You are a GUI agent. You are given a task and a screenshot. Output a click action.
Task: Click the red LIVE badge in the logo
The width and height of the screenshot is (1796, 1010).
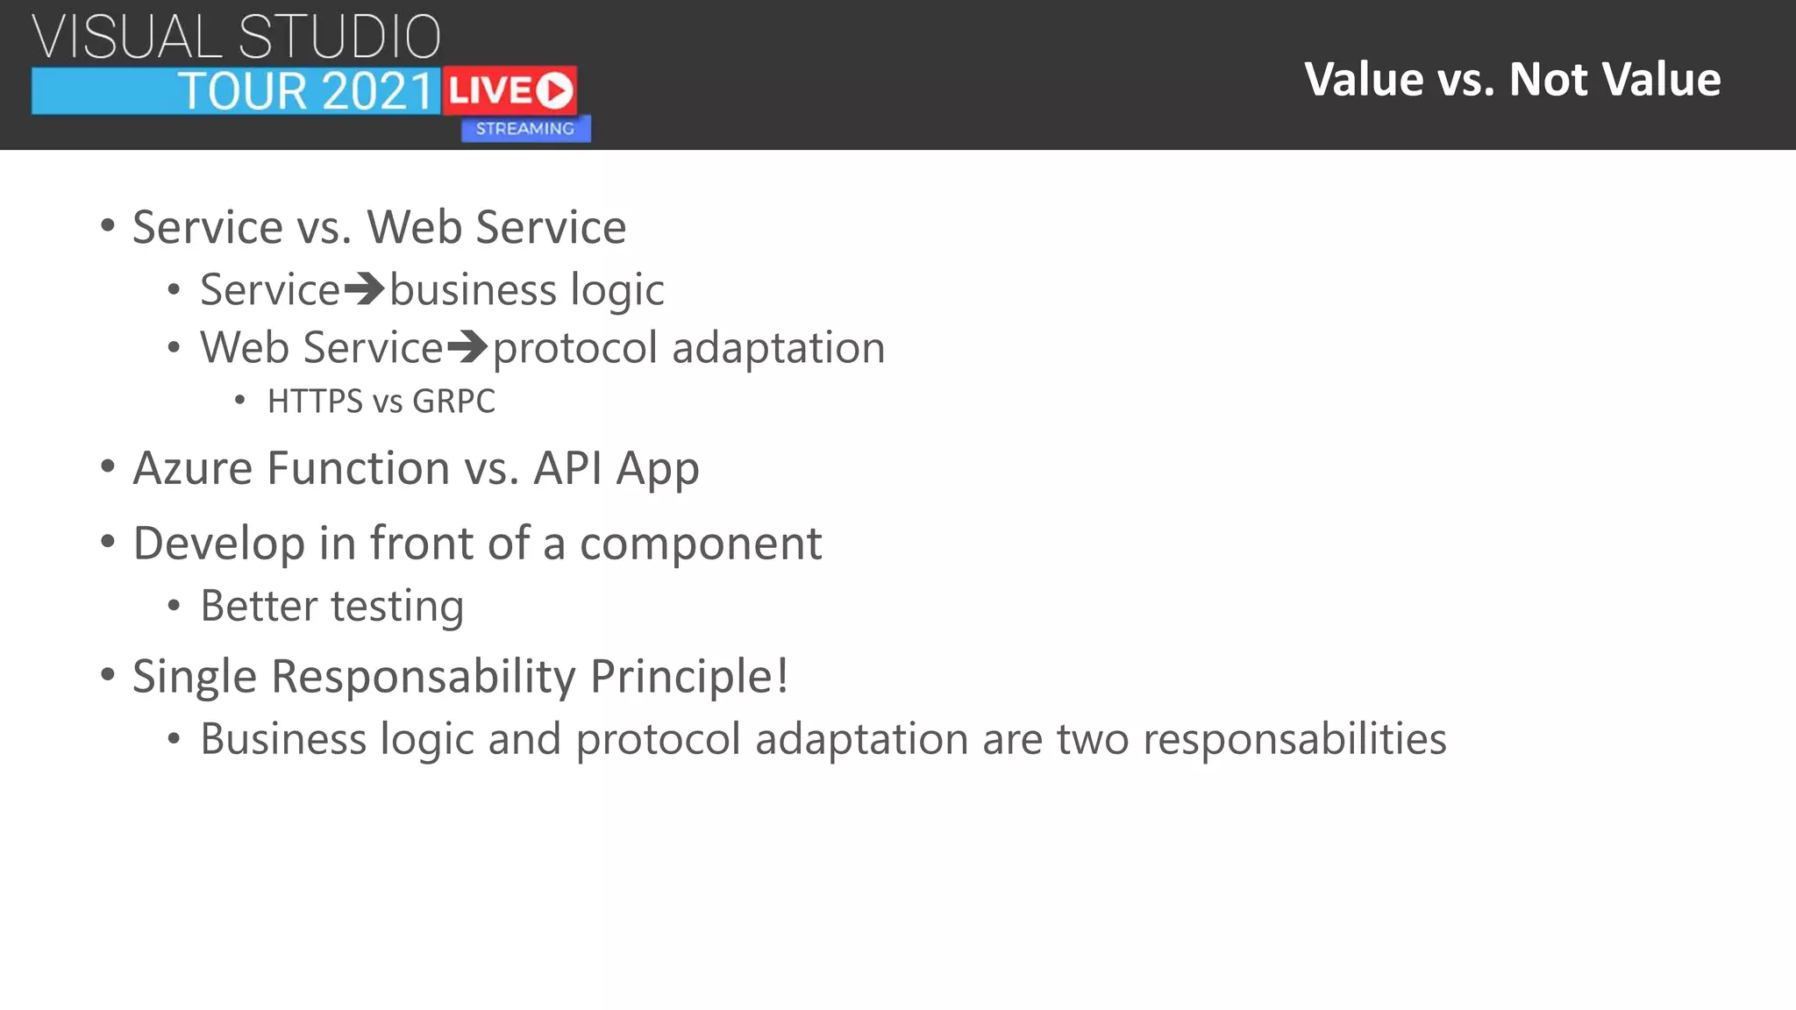click(509, 90)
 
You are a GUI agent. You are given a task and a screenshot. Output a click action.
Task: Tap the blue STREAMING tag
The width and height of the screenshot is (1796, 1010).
click(525, 129)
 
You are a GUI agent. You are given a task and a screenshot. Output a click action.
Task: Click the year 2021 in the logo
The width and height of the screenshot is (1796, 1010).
click(378, 91)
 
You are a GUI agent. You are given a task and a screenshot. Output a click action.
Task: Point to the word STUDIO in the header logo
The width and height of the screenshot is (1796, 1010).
click(339, 37)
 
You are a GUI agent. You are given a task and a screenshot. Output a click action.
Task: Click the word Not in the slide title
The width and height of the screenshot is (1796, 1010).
click(1548, 80)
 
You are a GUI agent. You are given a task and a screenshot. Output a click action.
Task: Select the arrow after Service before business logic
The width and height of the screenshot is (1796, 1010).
click(364, 289)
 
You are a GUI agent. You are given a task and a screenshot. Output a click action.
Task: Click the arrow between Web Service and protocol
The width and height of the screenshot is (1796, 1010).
click(467, 347)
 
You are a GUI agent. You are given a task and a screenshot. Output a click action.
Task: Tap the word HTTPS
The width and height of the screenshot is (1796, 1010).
click(315, 402)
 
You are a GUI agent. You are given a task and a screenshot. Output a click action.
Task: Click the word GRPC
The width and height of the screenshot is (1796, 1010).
click(453, 402)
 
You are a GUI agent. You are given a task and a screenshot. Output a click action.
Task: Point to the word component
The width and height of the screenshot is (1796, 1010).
click(701, 544)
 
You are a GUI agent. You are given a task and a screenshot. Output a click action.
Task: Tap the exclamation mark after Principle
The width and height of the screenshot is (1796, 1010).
click(780, 676)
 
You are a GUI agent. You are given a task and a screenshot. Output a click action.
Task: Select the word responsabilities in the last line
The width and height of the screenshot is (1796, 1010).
click(1294, 740)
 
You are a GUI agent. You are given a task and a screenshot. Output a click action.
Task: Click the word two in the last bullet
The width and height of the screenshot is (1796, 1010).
click(1093, 739)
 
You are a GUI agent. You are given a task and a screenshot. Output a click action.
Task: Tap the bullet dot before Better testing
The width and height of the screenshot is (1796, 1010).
click(174, 607)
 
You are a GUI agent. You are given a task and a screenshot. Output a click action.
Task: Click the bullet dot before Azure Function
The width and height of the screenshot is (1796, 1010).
click(107, 467)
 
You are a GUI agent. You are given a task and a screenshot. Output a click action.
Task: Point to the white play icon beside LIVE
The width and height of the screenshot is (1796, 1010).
click(554, 90)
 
